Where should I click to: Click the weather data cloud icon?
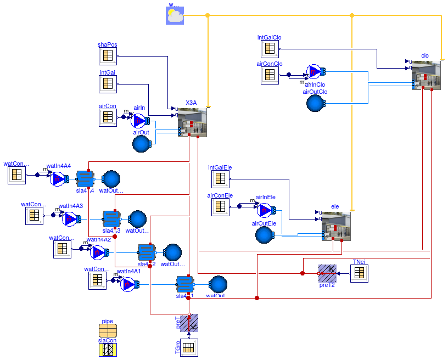click(x=175, y=16)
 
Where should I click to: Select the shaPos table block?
click(x=108, y=56)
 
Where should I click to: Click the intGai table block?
click(x=108, y=83)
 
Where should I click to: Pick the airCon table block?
click(x=108, y=117)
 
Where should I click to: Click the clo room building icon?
click(x=426, y=75)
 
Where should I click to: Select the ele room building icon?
click(x=335, y=226)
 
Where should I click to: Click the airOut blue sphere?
click(x=142, y=144)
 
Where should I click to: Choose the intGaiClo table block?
click(x=270, y=49)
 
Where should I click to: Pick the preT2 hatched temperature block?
click(x=327, y=273)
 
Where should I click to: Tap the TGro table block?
click(x=189, y=347)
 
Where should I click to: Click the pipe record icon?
click(x=108, y=330)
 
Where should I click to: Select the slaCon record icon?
click(x=108, y=348)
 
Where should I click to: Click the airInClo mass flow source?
click(x=315, y=71)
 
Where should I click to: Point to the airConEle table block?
click(x=220, y=206)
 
